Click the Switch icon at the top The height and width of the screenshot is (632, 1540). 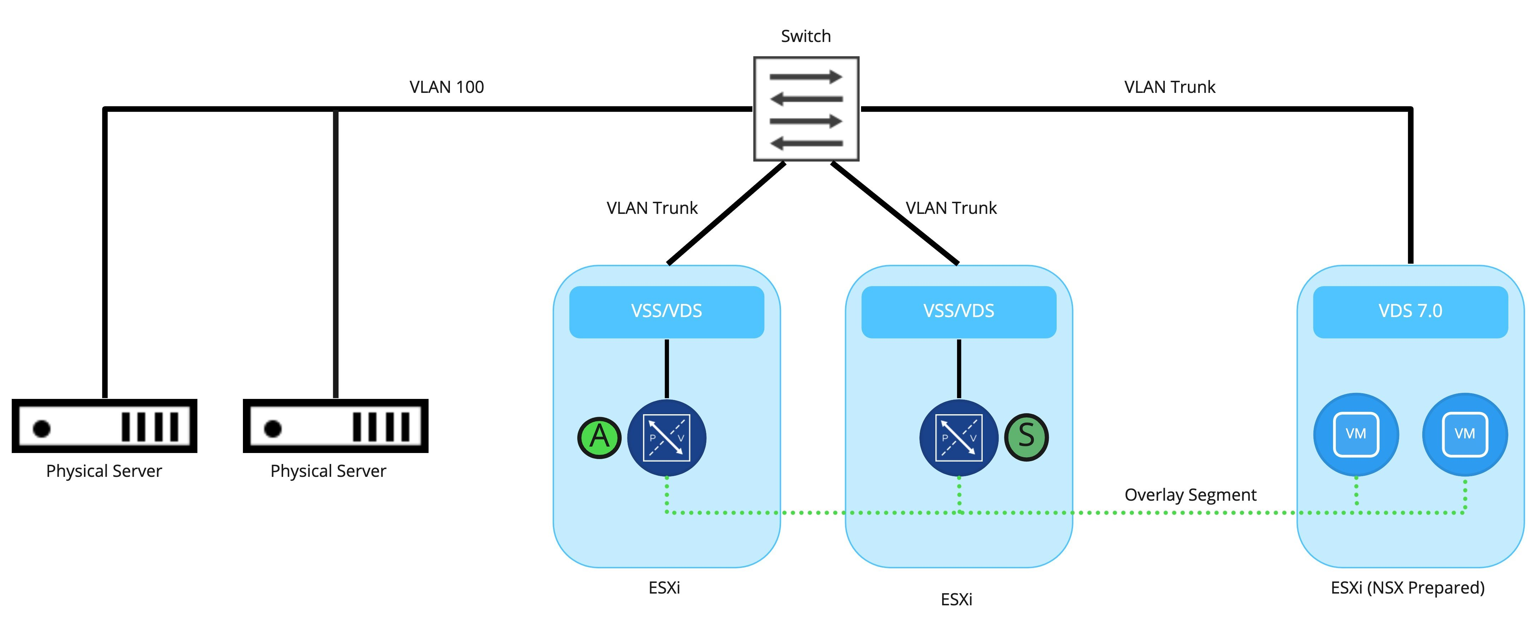[806, 109]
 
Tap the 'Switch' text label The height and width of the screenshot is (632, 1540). [806, 36]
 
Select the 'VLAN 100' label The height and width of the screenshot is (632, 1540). [447, 87]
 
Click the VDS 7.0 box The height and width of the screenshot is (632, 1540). [1410, 311]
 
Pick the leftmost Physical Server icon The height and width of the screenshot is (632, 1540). [105, 426]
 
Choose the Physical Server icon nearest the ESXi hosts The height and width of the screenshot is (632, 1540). [335, 426]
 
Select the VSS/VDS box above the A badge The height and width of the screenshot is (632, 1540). [667, 311]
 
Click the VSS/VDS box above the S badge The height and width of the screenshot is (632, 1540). [958, 311]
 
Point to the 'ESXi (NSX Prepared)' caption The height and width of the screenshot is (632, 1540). [1407, 588]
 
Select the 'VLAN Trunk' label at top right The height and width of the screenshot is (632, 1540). [1169, 87]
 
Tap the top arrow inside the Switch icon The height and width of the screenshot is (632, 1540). [806, 77]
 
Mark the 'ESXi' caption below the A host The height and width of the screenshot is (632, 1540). [664, 588]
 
